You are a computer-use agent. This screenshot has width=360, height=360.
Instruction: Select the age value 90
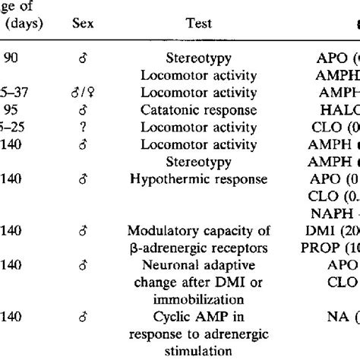pos(11,57)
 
